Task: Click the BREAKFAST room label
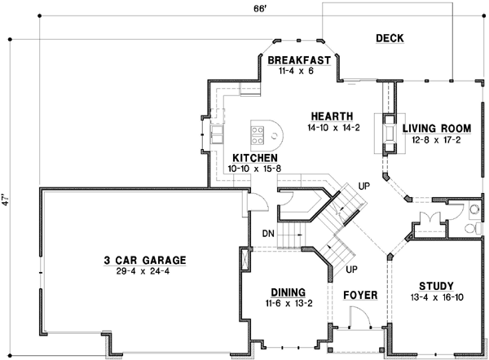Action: [x=298, y=60]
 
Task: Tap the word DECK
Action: [x=390, y=38]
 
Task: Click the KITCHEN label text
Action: [x=255, y=158]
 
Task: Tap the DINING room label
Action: [x=285, y=292]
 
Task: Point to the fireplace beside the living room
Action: [x=388, y=130]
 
